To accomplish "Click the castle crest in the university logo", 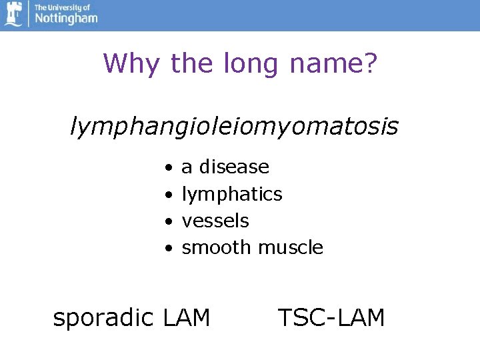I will pyautogui.click(x=13, y=15).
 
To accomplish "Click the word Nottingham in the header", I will pyautogui.click(x=65, y=19).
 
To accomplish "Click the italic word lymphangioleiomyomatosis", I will pyautogui.click(x=234, y=126).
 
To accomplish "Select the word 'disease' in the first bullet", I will pyautogui.click(x=234, y=167).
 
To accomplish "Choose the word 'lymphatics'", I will pyautogui.click(x=232, y=195).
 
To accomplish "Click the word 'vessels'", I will pyautogui.click(x=215, y=221).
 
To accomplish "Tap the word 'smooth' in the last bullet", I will pyautogui.click(x=217, y=248).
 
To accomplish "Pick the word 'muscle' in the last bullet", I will pyautogui.click(x=291, y=248).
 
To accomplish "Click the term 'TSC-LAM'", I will pyautogui.click(x=331, y=318).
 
